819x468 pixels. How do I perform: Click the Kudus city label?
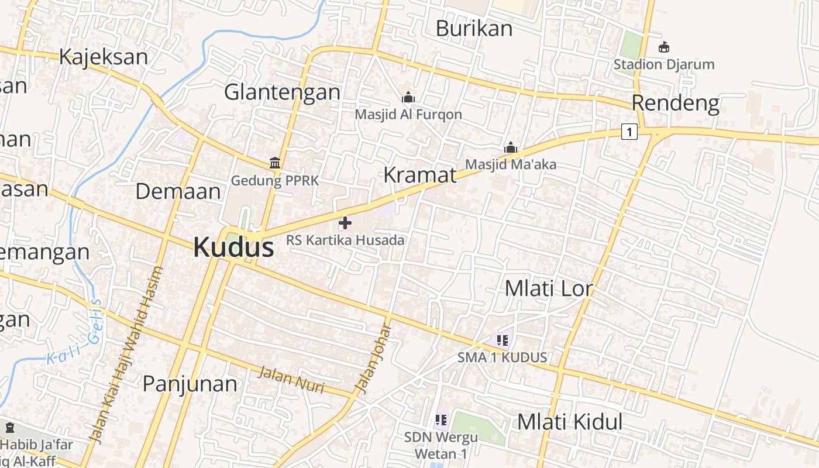(x=233, y=247)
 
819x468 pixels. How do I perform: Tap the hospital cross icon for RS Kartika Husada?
(x=345, y=223)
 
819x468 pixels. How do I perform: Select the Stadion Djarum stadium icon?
(x=664, y=47)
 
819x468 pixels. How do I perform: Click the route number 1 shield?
(x=629, y=132)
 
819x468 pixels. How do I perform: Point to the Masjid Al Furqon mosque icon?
(x=408, y=97)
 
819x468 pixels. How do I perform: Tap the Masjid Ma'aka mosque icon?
(x=511, y=147)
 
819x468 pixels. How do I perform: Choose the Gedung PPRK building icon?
(x=275, y=163)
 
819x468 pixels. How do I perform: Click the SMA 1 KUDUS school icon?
(x=502, y=340)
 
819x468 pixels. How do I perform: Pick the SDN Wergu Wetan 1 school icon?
(x=441, y=419)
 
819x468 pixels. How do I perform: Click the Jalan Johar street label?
(x=372, y=359)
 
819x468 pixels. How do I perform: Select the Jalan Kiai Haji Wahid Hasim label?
(x=123, y=354)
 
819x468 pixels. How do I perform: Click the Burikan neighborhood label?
(x=474, y=28)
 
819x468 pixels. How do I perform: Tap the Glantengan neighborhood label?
(x=282, y=92)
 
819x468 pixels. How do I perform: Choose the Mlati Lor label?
(x=549, y=288)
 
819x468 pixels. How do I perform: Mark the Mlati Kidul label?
(x=569, y=422)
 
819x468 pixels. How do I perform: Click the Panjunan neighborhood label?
(x=190, y=384)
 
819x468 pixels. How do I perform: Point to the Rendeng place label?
(x=675, y=103)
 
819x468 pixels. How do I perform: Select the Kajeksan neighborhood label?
(x=104, y=57)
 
